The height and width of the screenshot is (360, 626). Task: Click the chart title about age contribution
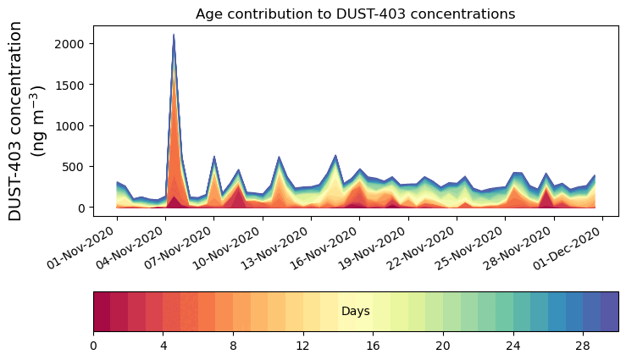(355, 14)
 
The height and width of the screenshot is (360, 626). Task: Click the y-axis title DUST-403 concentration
(29, 122)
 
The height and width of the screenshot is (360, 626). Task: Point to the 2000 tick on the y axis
(71, 44)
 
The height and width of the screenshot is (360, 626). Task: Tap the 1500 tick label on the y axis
(71, 85)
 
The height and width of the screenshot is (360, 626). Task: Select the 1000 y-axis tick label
(71, 125)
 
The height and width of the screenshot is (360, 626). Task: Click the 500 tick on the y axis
(76, 167)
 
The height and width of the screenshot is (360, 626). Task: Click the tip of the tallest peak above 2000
(174, 35)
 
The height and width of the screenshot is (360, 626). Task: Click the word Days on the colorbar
(355, 312)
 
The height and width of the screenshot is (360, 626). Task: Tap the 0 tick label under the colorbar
(93, 346)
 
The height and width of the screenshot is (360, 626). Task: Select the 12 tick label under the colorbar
(303, 346)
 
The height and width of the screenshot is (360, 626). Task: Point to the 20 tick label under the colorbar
(443, 346)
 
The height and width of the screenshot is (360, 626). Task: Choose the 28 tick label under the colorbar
(583, 346)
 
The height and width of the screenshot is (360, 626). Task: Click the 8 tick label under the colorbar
(233, 346)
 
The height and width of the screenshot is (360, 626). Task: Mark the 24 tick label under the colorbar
(513, 346)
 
